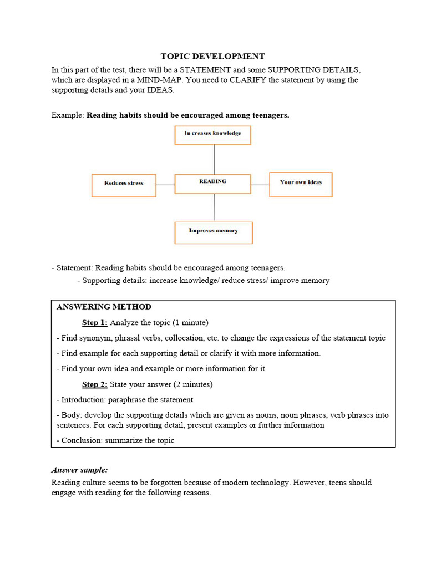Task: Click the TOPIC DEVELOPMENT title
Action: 212,56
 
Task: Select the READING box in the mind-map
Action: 213,184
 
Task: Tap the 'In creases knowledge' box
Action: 213,135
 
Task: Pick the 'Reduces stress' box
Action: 124,185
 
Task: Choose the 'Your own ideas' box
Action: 301,184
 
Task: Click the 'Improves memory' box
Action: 214,232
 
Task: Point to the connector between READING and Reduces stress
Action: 165,185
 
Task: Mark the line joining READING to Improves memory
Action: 214,207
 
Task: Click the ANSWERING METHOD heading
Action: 104,307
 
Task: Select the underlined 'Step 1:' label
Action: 95,322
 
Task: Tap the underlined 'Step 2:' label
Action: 95,384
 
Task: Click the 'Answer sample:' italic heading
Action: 80,469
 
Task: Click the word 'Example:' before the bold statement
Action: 68,115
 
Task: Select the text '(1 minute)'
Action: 190,322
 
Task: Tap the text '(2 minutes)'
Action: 193,384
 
